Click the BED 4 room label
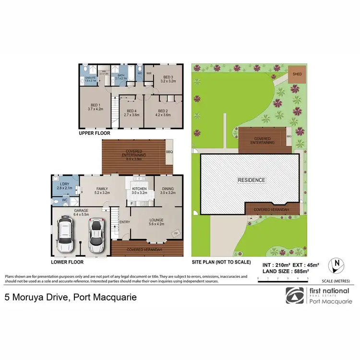coord(131,113)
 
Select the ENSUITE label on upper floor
coord(90,78)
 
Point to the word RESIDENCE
coord(252,180)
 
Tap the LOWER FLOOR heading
coord(67,263)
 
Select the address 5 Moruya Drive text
coord(71,297)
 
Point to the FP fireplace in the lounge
coord(176,234)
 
